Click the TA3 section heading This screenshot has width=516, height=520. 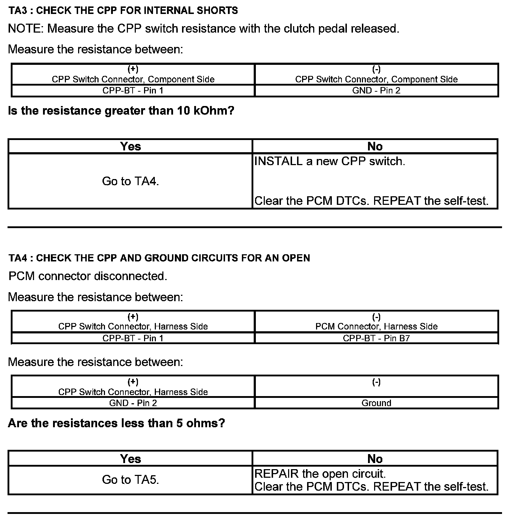[123, 10]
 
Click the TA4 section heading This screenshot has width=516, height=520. [159, 258]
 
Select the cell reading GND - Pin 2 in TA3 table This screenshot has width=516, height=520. [376, 91]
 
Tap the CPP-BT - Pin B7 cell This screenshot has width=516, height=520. [376, 338]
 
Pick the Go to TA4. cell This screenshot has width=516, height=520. [130, 181]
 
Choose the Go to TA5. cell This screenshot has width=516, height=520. [130, 480]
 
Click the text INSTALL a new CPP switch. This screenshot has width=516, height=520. [330, 161]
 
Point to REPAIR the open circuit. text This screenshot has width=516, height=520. [320, 474]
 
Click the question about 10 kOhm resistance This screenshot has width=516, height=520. [121, 111]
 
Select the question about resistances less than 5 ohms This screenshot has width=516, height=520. [116, 423]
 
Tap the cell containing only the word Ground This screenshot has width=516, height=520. [376, 403]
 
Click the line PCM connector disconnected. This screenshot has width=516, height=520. [88, 276]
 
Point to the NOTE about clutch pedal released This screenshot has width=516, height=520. [204, 29]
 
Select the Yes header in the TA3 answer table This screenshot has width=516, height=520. [130, 146]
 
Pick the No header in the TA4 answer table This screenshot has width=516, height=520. [375, 459]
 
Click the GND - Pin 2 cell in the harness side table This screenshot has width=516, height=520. [133, 403]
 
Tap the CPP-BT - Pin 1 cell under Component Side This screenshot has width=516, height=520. [133, 91]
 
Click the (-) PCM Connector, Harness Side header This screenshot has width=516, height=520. [376, 322]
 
